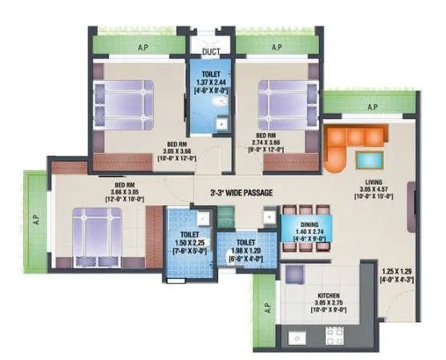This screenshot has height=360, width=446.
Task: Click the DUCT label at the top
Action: coord(212,51)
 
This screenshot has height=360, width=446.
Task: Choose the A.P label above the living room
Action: coord(371,106)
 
